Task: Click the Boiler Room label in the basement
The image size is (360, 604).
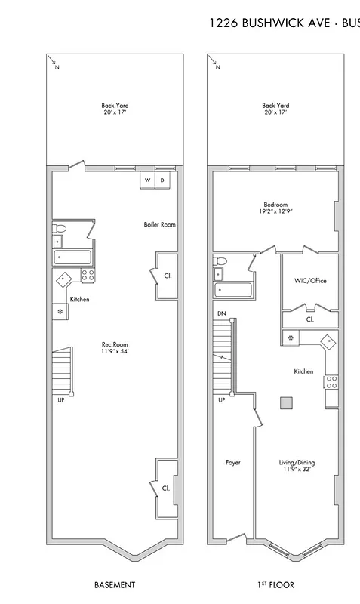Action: click(x=159, y=225)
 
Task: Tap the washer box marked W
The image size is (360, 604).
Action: click(x=148, y=180)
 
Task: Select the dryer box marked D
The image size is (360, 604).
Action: click(x=162, y=180)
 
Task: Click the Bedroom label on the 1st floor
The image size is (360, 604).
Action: click(x=275, y=205)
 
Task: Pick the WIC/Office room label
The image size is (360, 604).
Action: click(x=310, y=281)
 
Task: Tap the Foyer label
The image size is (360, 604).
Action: click(x=233, y=462)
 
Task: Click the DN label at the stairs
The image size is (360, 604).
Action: click(x=221, y=313)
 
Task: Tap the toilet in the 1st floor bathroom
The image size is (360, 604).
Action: click(x=220, y=262)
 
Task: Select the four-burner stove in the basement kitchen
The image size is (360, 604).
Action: click(x=88, y=276)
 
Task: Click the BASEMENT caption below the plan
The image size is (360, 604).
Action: click(x=115, y=585)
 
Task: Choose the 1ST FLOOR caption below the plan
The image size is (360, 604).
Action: click(x=275, y=585)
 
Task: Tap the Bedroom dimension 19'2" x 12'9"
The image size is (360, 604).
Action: click(x=275, y=212)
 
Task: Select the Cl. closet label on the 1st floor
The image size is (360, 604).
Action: click(x=310, y=319)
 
